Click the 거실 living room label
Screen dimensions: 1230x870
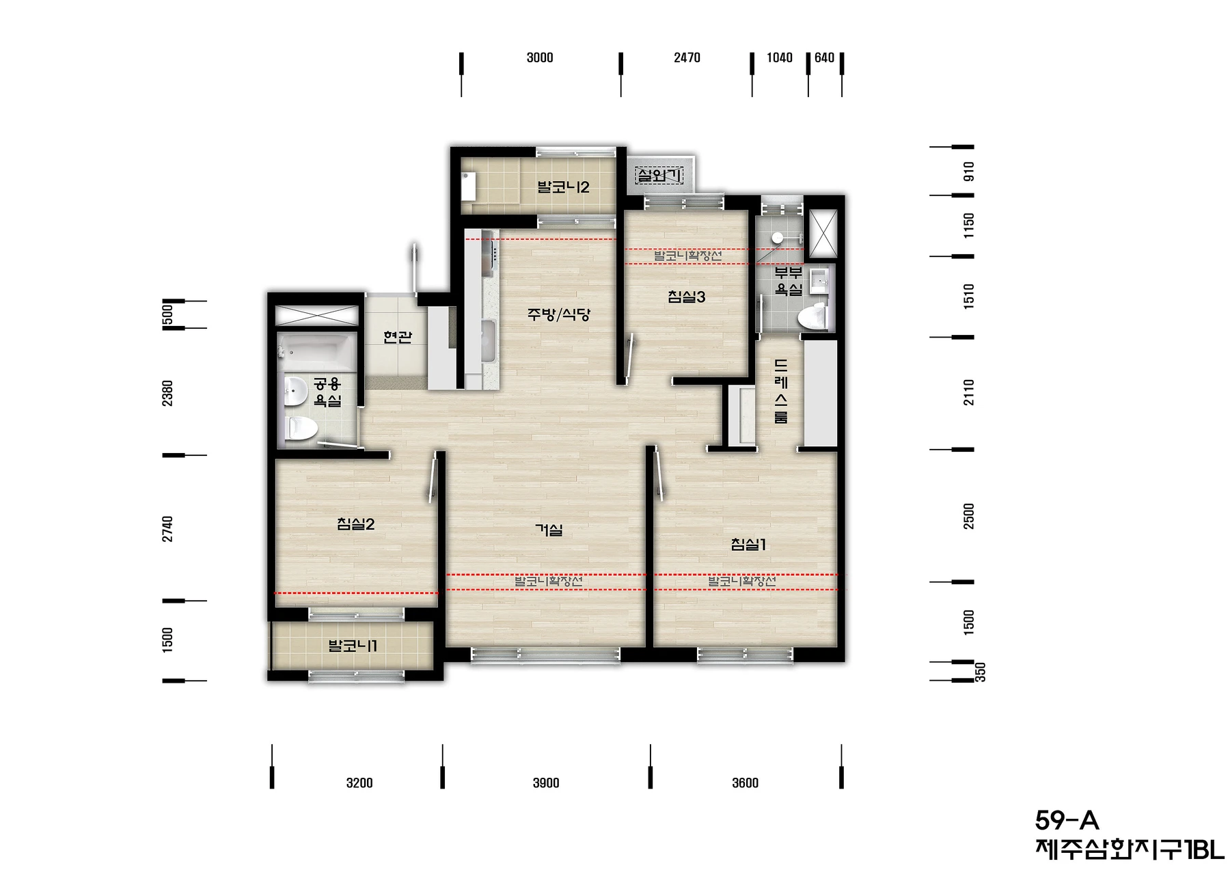tap(549, 530)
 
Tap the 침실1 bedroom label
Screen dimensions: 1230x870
tap(748, 545)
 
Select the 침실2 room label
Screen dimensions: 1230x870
tap(355, 524)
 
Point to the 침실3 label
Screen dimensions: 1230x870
tap(686, 297)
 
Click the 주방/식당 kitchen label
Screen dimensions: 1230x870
tap(558, 314)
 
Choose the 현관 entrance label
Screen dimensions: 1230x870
tap(397, 337)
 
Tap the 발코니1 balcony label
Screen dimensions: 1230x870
tap(353, 646)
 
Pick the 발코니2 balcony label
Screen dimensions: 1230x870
tap(563, 187)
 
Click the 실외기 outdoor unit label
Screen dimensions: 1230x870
tap(659, 176)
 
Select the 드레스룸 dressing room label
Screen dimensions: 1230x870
tap(781, 392)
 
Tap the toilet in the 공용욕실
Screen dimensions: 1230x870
tap(301, 429)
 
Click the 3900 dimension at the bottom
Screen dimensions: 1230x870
tap(546, 783)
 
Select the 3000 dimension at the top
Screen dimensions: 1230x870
tap(540, 58)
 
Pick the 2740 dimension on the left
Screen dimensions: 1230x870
tap(167, 529)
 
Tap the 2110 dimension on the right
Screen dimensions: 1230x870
tap(969, 392)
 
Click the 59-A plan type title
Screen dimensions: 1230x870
tap(1067, 819)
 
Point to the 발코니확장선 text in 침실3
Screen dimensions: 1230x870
tap(687, 256)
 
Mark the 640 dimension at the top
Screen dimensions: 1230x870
tap(825, 58)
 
